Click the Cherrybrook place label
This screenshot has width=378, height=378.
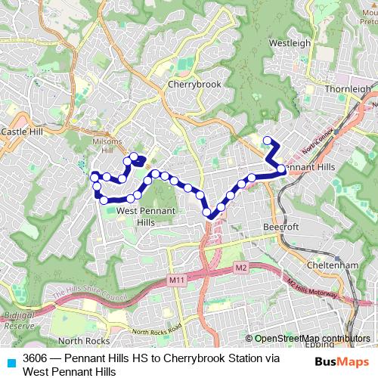coord(195,85)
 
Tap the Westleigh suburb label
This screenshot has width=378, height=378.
coord(290,43)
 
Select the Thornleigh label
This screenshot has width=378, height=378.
coord(350,88)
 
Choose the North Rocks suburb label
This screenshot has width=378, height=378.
coord(79,340)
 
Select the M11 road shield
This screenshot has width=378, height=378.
coord(177,281)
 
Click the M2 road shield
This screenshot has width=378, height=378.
coord(240,267)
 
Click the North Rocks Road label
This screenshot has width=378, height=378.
coord(157,330)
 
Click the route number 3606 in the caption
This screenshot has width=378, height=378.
coord(36,358)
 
